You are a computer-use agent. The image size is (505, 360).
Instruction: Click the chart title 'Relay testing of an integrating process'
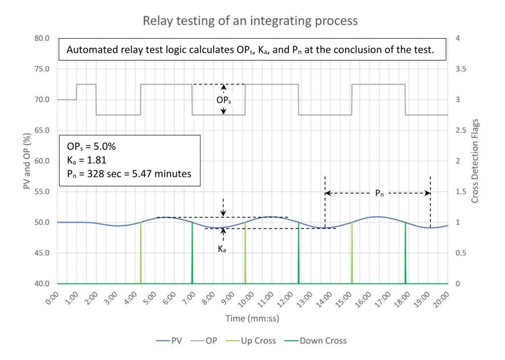[250, 21]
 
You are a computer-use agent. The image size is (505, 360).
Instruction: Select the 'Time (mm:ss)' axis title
[252, 319]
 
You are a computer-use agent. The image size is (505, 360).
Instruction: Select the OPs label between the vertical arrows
[223, 100]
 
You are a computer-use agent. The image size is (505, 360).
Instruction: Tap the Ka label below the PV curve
[222, 250]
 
